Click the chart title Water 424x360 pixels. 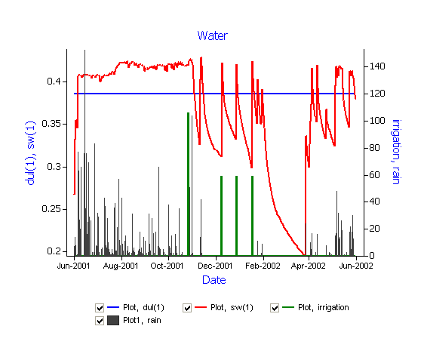213,35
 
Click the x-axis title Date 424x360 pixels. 214,280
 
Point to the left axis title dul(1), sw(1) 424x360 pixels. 30,153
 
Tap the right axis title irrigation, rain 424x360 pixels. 397,152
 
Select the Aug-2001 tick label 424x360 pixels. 121,266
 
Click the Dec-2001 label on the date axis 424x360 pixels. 215,266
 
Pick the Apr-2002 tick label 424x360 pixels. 309,266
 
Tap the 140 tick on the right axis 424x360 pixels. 377,66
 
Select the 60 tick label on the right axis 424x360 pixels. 374,175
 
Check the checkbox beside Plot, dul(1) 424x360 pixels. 100,308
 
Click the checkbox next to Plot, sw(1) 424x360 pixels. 187,308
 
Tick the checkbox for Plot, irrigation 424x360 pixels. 275,308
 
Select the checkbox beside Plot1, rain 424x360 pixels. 100,321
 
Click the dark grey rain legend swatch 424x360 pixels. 113,320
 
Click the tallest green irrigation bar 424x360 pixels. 188,184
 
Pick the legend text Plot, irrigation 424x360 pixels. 324,307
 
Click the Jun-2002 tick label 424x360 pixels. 356,266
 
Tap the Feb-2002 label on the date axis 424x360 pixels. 263,266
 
